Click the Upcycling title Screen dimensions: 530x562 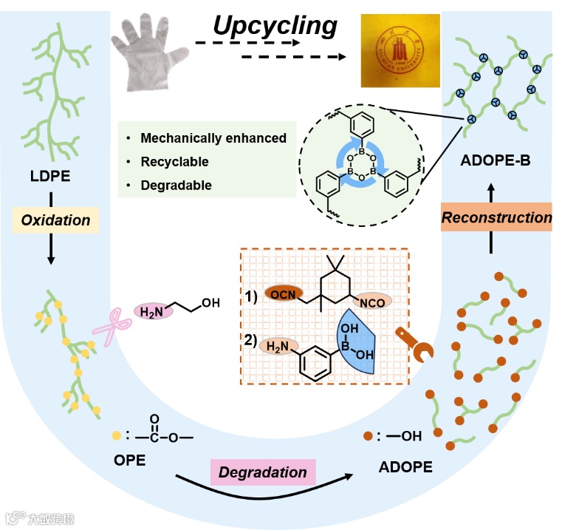coord(275,25)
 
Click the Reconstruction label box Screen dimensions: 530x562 coord(497,217)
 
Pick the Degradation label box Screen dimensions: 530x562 coord(263,472)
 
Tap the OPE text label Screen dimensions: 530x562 coord(129,461)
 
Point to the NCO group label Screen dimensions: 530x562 coord(371,302)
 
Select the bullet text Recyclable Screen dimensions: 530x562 coord(174,161)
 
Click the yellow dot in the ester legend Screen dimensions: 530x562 coord(115,435)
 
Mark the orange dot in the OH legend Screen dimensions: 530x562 coord(368,435)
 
